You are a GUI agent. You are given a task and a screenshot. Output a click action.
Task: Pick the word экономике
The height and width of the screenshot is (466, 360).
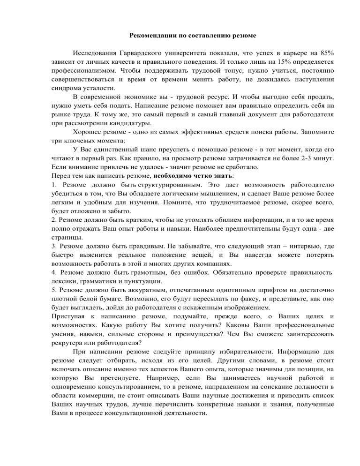143,97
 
